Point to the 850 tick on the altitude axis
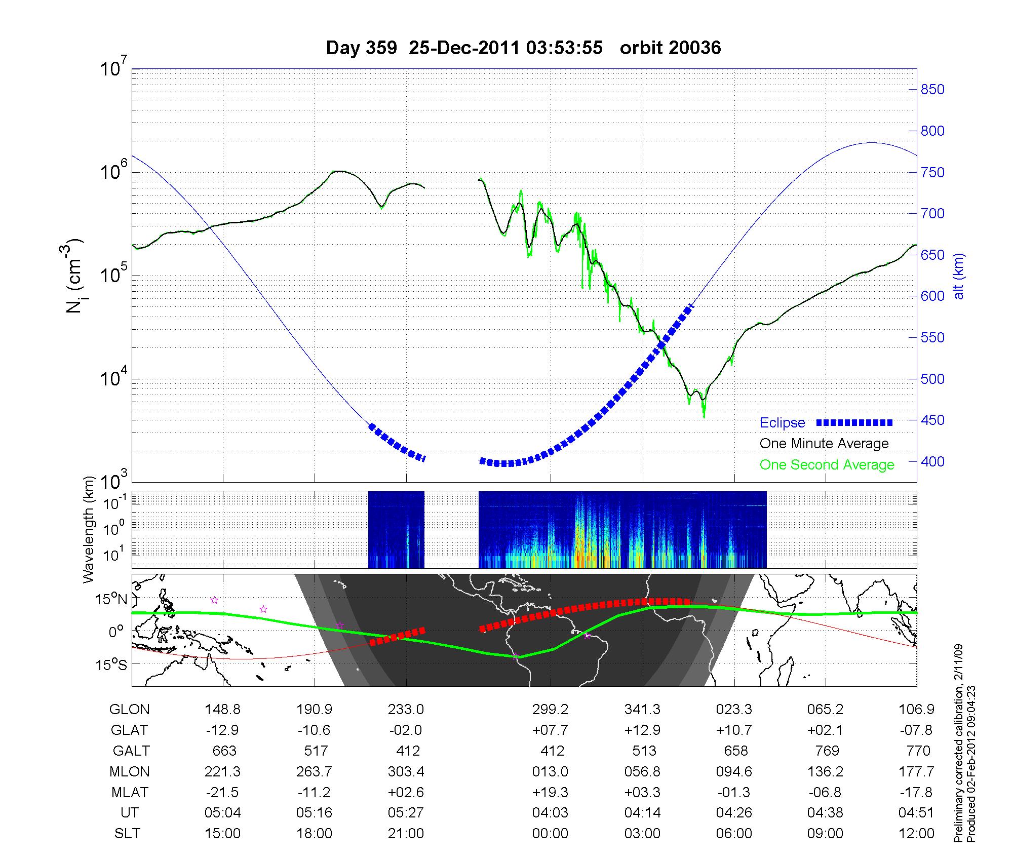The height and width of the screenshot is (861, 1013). (x=932, y=90)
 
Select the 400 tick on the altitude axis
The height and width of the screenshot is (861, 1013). (x=932, y=461)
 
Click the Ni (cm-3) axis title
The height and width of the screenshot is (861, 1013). (x=75, y=276)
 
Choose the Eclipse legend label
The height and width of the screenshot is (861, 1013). (x=782, y=423)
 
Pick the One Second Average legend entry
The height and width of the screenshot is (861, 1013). (x=827, y=464)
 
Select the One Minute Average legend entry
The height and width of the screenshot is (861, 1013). (x=824, y=444)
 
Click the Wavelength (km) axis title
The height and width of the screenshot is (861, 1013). (x=90, y=529)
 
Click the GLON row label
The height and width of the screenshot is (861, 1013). (x=129, y=710)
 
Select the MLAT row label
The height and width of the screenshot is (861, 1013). (x=129, y=792)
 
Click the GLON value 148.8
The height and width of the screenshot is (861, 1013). (x=223, y=710)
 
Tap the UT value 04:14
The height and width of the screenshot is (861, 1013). (x=642, y=813)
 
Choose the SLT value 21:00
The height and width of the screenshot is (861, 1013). (x=406, y=834)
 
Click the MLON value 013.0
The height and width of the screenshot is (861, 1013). (x=550, y=771)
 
